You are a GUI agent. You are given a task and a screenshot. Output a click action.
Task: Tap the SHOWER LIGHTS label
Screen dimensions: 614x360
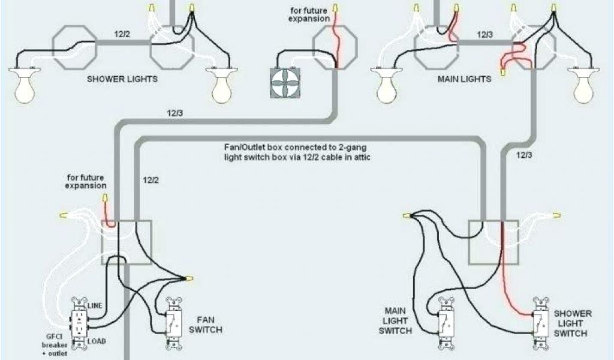click(123, 79)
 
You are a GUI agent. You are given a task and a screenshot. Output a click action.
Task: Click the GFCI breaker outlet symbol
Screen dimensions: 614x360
click(79, 324)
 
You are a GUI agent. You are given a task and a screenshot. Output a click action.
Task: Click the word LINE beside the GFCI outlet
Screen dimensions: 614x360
click(95, 306)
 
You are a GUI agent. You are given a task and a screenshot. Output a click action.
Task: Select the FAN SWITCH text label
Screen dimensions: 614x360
click(205, 325)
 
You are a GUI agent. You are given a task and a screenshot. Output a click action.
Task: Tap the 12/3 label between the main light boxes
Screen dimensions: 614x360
click(486, 34)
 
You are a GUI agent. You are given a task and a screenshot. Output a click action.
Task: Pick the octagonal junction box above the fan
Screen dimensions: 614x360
click(334, 47)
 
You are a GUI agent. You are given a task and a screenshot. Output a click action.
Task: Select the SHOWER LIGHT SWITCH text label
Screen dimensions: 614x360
click(572, 323)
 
